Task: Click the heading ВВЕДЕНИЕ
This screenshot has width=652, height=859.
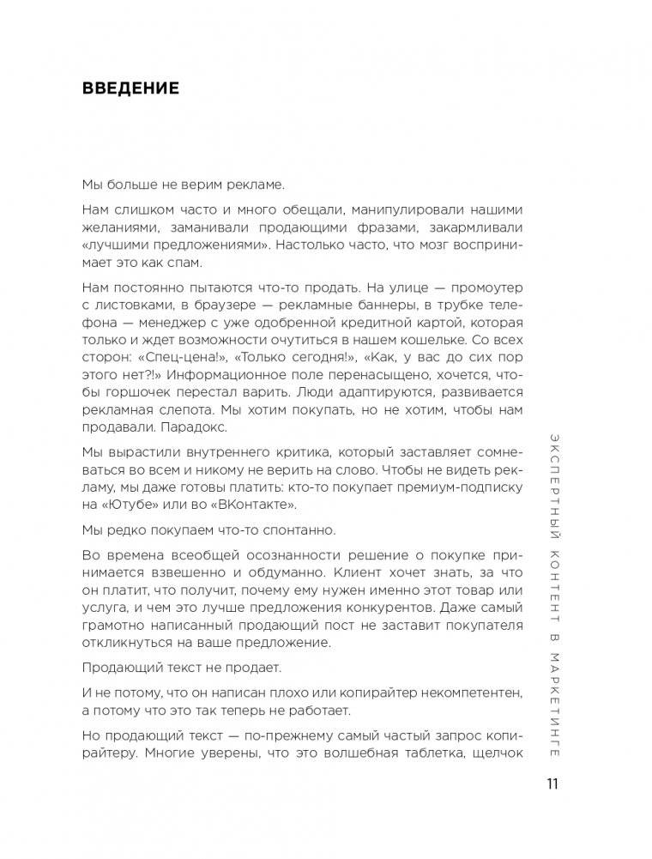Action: pyautogui.click(x=130, y=88)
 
